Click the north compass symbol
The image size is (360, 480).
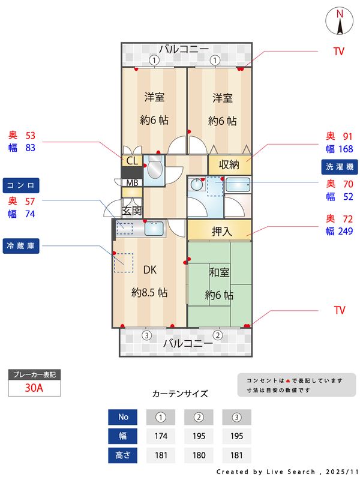pyautogui.click(x=340, y=22)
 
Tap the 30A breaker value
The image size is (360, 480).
pyautogui.click(x=34, y=388)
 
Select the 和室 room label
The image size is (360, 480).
pyautogui.click(x=219, y=272)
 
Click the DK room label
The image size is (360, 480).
pyautogui.click(x=149, y=269)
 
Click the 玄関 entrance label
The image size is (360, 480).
pyautogui.click(x=132, y=210)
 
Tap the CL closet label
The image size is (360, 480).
pyautogui.click(x=133, y=161)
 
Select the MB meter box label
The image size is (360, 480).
pyautogui.click(x=132, y=182)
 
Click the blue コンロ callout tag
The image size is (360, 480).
pyautogui.click(x=21, y=184)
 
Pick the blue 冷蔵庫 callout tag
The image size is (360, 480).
pyautogui.click(x=21, y=245)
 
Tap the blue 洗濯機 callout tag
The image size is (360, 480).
pyautogui.click(x=340, y=166)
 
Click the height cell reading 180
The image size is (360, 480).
pyautogui.click(x=199, y=455)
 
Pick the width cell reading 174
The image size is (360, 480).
pyautogui.click(x=160, y=436)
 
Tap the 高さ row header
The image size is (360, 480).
pyautogui.click(x=123, y=455)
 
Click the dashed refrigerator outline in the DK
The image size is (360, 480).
pyautogui.click(x=124, y=263)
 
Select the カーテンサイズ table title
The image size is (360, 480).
pyautogui.click(x=180, y=394)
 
